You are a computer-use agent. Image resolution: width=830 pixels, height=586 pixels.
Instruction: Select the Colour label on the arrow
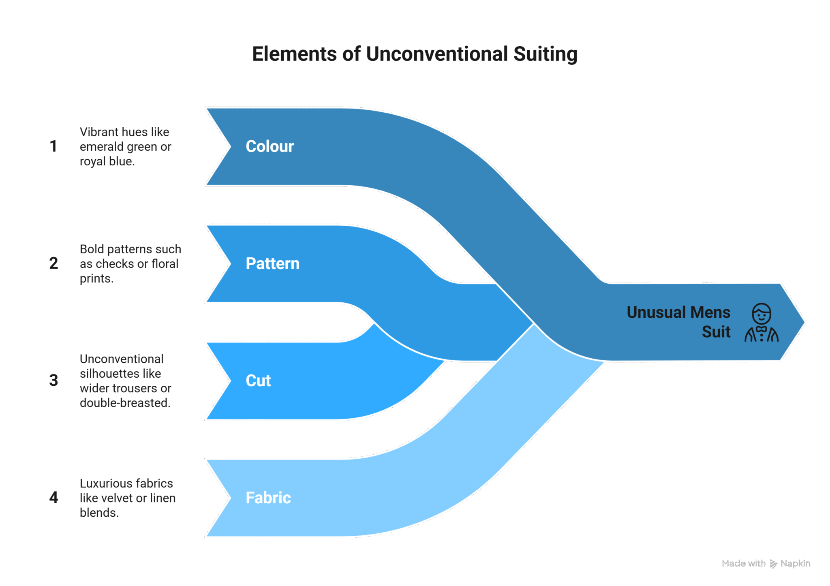click(270, 146)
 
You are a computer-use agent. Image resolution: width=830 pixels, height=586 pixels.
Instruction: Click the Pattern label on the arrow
click(272, 263)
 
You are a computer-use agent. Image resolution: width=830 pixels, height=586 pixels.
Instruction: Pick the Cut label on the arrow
click(258, 381)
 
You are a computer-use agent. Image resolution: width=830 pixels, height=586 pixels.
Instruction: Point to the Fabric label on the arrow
click(268, 498)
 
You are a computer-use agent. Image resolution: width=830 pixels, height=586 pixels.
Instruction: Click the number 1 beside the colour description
click(53, 146)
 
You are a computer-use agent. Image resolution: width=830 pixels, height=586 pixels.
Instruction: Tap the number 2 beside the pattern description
click(53, 263)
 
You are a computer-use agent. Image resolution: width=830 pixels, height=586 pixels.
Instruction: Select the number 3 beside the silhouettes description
click(53, 381)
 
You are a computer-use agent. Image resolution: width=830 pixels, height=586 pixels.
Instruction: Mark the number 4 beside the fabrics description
click(53, 498)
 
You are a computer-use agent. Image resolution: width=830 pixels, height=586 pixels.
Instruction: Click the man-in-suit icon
click(761, 323)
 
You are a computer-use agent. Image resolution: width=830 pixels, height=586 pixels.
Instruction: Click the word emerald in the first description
click(96, 147)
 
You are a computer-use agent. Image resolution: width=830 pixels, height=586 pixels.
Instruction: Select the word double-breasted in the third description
click(125, 403)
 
